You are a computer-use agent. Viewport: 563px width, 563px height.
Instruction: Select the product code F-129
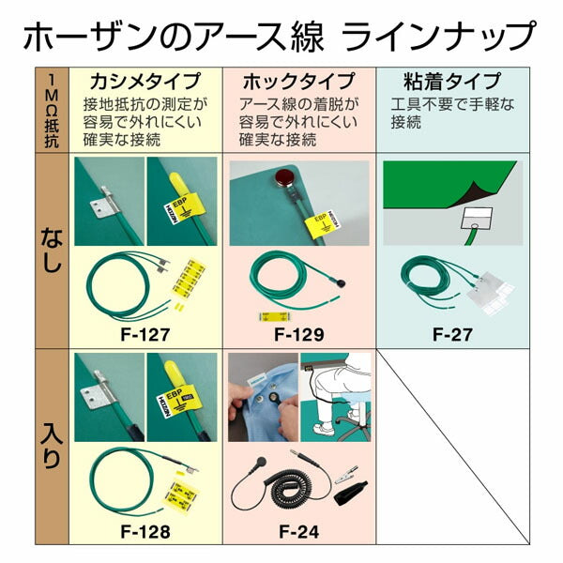299,334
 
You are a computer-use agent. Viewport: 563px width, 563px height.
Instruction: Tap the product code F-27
452,334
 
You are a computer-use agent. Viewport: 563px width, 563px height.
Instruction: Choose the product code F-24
299,531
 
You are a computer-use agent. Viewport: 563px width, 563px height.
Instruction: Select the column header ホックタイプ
298,82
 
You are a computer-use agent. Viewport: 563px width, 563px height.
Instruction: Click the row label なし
52,253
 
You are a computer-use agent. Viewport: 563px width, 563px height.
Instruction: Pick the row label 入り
52,446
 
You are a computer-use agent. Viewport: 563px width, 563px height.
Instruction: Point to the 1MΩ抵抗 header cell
52,110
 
